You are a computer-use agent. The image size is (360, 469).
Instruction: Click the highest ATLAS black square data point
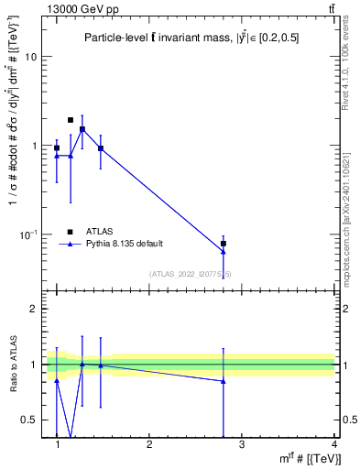(71, 120)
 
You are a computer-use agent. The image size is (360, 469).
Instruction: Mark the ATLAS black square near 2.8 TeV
(224, 244)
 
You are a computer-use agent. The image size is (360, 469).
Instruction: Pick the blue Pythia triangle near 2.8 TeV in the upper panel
(224, 251)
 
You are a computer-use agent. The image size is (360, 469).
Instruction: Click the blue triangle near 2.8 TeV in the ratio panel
(224, 381)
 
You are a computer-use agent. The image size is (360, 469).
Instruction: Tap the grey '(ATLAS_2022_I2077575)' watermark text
(191, 274)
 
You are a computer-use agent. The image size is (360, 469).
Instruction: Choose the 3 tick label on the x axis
(242, 444)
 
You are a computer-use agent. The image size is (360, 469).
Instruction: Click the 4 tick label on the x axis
(333, 444)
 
